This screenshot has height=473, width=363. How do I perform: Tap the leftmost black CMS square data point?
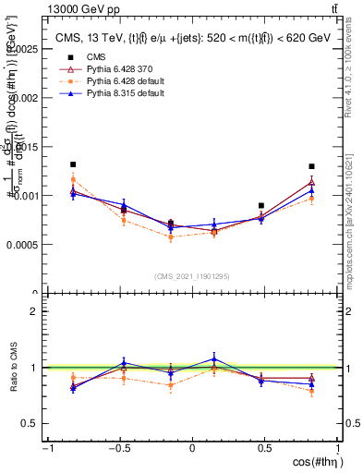pyautogui.click(x=73, y=164)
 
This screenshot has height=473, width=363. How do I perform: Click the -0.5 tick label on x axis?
pyautogui.click(x=119, y=449)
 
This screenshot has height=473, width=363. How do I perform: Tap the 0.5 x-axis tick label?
pyautogui.click(x=264, y=449)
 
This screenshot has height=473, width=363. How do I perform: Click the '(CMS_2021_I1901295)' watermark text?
pyautogui.click(x=192, y=276)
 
